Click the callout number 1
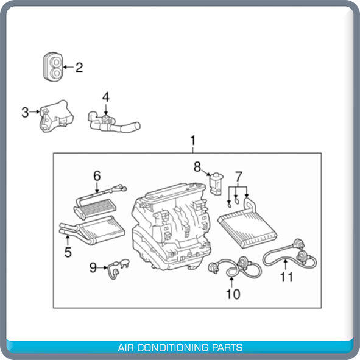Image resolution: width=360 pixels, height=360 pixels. tap(192, 143)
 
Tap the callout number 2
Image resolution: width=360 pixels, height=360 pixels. tap(79, 67)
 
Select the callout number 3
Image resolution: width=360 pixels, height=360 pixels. tap(25, 112)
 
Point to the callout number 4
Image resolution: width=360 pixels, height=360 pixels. tap(106, 97)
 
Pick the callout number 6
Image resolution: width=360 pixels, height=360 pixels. tap(96, 176)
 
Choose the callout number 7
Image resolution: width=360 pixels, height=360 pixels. tap(239, 176)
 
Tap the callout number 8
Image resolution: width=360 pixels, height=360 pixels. tap(197, 166)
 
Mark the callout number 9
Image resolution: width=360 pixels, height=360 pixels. tap(93, 267)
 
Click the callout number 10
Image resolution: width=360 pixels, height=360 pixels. tap(233, 295)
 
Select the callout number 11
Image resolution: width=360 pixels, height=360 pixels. tap(286, 277)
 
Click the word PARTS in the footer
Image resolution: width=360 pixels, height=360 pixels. tap(228, 348)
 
